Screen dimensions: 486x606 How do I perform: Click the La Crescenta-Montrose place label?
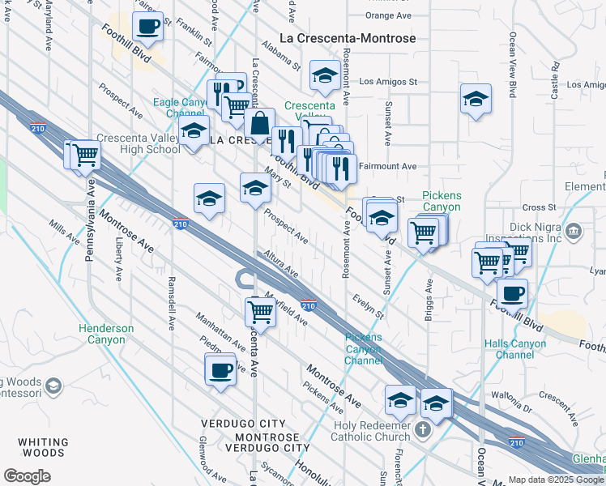pyautogui.click(x=347, y=38)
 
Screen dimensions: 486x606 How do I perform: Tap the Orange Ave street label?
pyautogui.click(x=388, y=15)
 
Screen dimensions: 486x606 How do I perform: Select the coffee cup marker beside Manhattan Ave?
pyautogui.click(x=220, y=370)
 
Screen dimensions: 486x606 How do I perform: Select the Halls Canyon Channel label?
pyautogui.click(x=514, y=349)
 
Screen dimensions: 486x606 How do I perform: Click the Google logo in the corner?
pyautogui.click(x=27, y=476)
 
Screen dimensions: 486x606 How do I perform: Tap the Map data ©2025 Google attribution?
pyautogui.click(x=556, y=480)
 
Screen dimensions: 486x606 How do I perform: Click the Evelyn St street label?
pyautogui.click(x=368, y=306)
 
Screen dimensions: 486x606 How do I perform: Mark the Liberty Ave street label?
pyautogui.click(x=118, y=258)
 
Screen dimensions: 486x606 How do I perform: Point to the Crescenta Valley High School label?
pyautogui.click(x=139, y=143)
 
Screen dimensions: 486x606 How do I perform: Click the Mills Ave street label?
pyautogui.click(x=62, y=232)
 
